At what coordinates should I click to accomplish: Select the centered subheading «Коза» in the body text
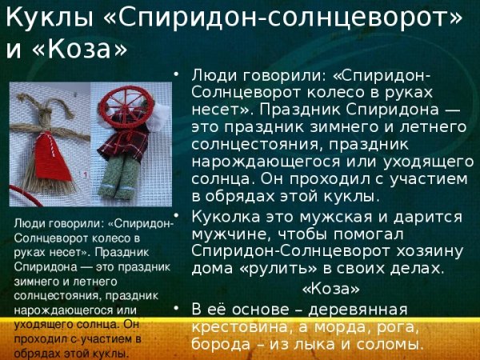pyautogui.click(x=330, y=288)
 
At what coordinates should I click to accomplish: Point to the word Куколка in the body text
pyautogui.click(x=226, y=217)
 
